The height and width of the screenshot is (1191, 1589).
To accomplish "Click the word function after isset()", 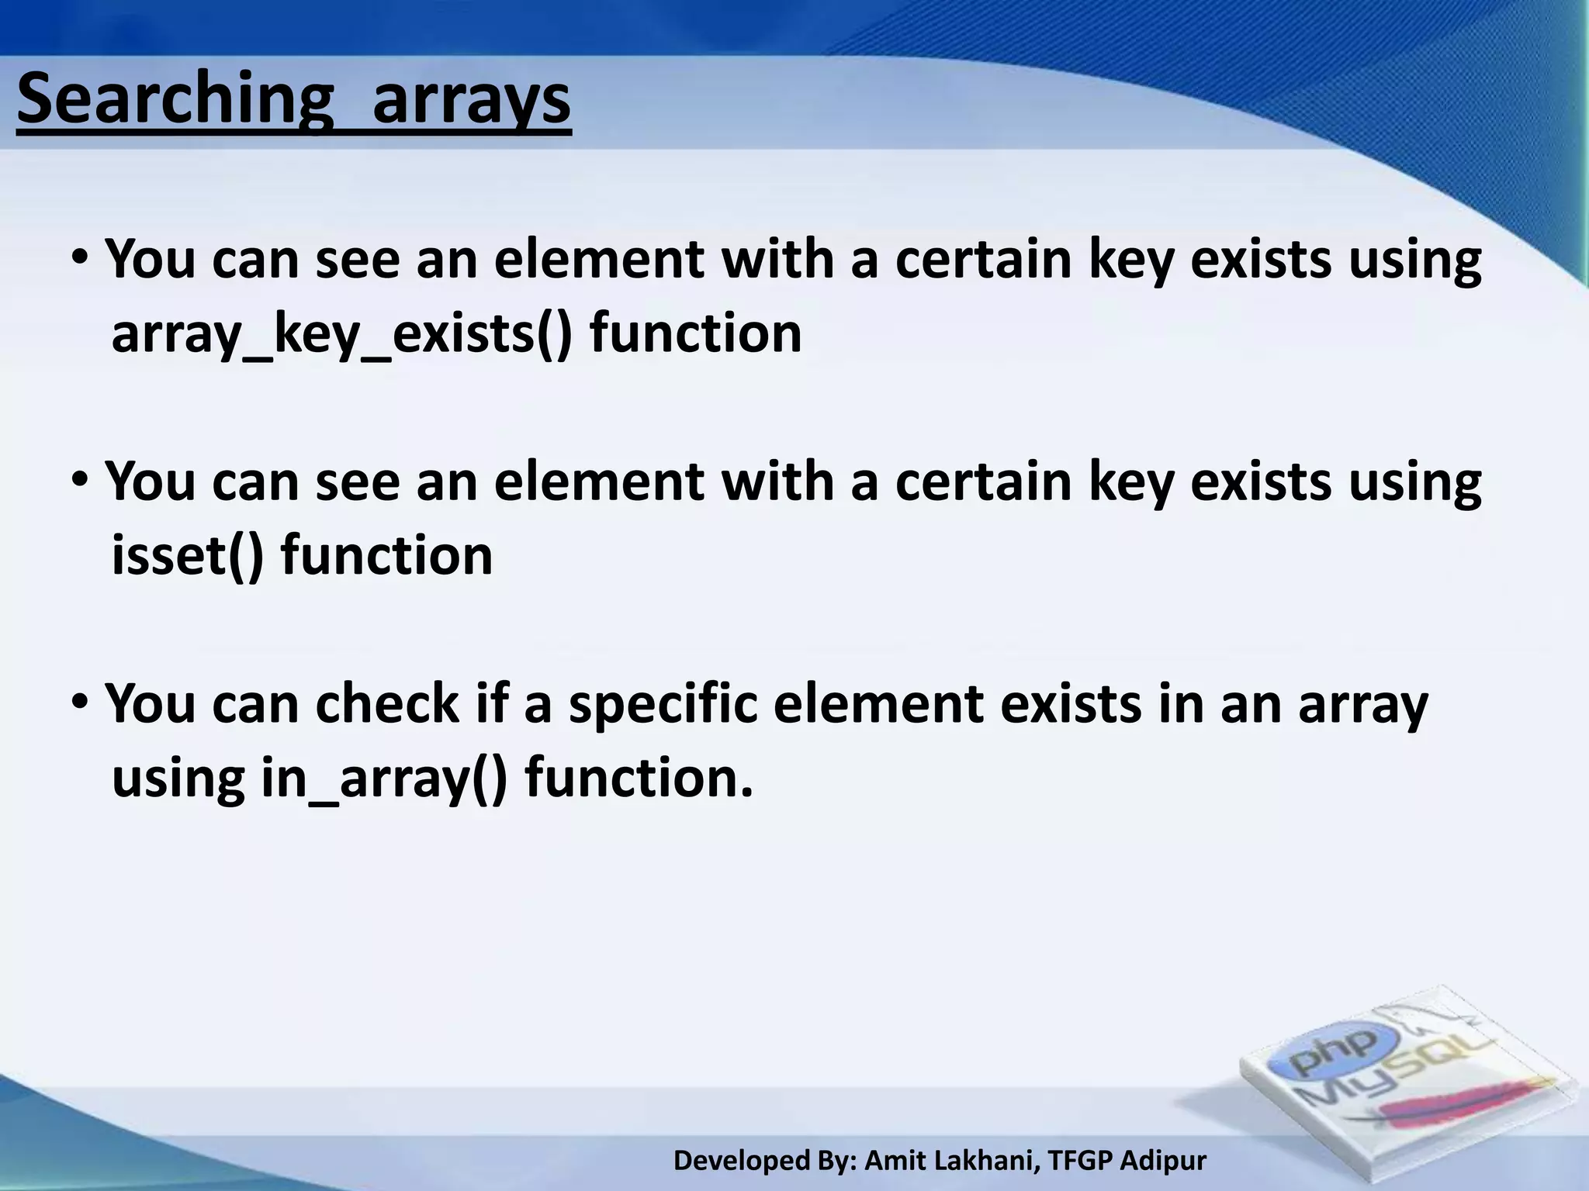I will pos(386,555).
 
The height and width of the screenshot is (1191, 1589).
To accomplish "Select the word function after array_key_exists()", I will pos(695,333).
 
